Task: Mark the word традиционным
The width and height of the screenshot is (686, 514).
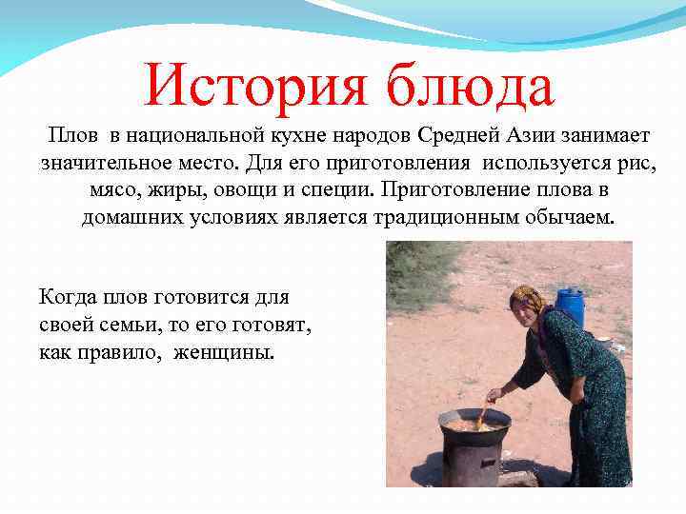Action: (446, 217)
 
